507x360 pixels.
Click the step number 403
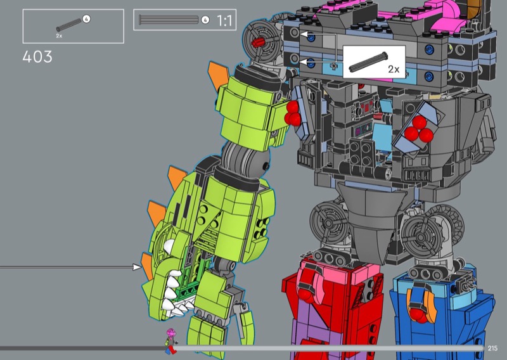(x=37, y=57)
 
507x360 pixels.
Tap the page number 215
(x=492, y=348)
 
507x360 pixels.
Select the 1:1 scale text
(x=224, y=21)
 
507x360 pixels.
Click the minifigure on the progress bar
(x=170, y=341)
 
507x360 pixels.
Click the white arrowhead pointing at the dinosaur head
(x=137, y=267)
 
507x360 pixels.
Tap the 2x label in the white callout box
(x=394, y=69)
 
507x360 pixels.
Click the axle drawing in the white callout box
(x=368, y=61)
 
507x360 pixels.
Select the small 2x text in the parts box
(x=59, y=36)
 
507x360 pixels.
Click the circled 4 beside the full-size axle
(x=205, y=20)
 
